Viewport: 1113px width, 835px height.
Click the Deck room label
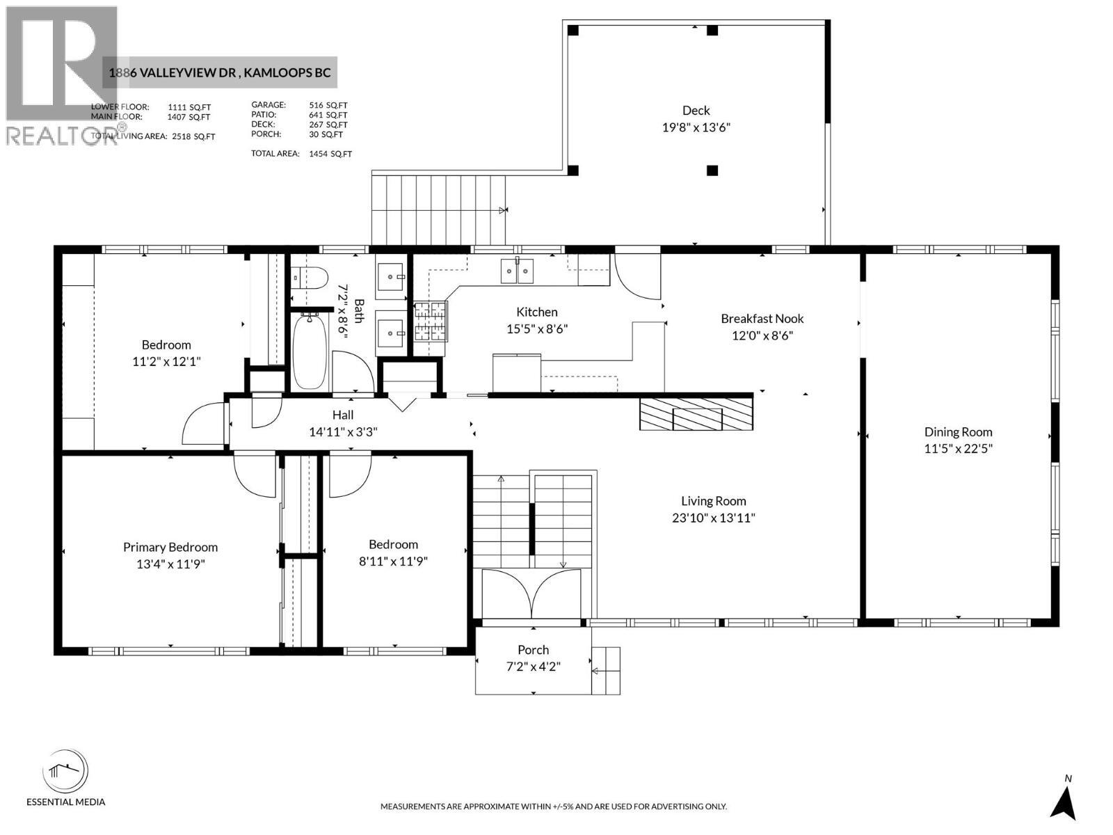coord(696,111)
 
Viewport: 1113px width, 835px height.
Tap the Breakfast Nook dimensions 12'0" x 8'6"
coord(762,335)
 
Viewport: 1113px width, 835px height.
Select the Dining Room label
coord(958,432)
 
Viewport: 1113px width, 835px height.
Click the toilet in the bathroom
coord(310,278)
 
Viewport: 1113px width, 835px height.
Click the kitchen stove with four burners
coord(431,322)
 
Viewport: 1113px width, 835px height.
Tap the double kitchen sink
coord(517,271)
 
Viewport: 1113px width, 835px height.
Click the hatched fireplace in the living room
coord(696,414)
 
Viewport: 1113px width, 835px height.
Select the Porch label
coord(533,650)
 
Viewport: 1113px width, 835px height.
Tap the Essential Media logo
coord(66,773)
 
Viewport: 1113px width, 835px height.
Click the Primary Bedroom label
coord(170,548)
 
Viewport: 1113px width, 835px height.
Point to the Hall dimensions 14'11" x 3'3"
coord(343,432)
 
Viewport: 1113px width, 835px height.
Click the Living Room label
coord(713,501)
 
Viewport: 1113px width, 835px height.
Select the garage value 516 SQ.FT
coord(328,106)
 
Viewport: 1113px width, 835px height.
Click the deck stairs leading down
coord(438,209)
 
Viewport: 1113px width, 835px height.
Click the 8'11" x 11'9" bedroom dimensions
coord(393,562)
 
